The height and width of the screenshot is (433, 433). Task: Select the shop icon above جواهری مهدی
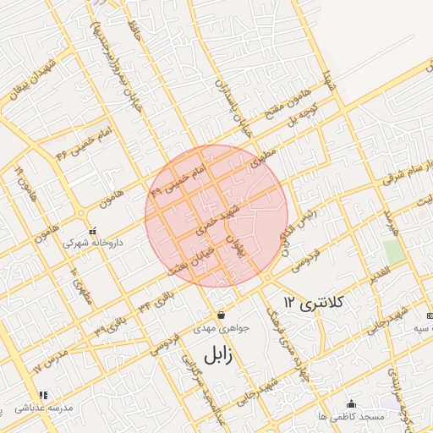coord(221,315)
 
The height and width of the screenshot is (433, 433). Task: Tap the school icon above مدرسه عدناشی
coord(42,395)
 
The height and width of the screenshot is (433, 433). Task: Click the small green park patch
coord(392,251)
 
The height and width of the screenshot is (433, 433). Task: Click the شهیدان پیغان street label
coord(33,81)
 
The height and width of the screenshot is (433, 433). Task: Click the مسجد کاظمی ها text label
coord(359,417)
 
